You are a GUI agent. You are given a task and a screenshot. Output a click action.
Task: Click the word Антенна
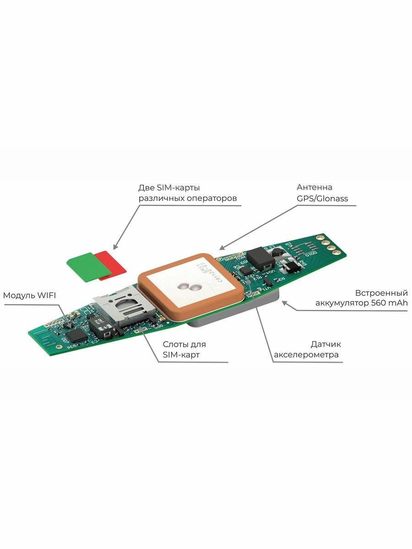(314, 187)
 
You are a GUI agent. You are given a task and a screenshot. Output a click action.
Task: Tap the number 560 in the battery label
(373, 303)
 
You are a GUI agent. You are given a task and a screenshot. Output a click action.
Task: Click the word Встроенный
(381, 292)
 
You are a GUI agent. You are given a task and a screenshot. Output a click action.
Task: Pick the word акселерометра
(306, 355)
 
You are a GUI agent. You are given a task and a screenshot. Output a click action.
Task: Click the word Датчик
(325, 344)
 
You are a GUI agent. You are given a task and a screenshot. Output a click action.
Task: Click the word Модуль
(18, 295)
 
